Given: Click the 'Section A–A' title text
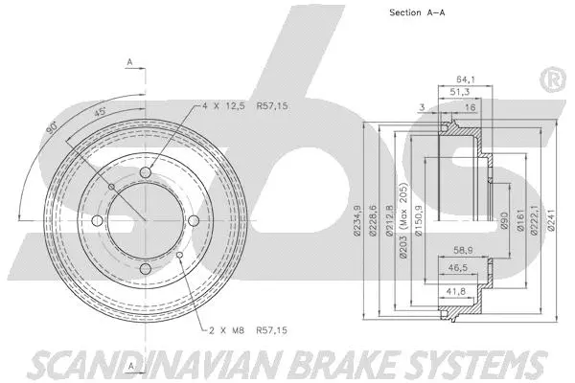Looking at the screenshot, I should tap(421, 12).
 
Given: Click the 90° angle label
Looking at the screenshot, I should tap(55, 127).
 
